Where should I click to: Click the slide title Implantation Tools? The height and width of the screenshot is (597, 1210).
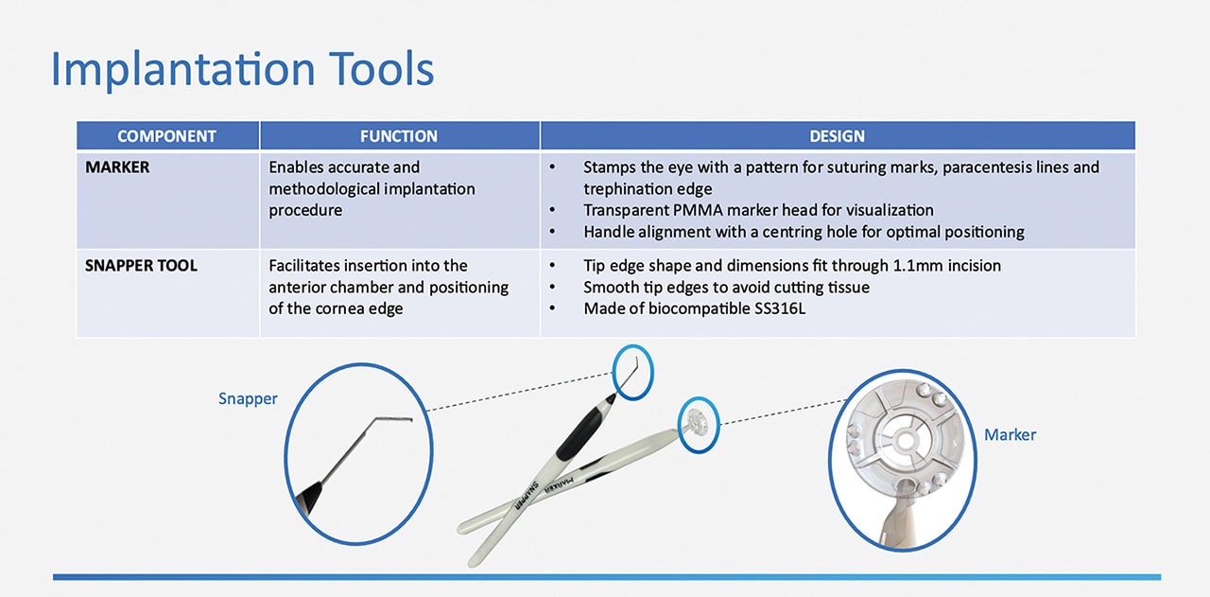click(x=242, y=70)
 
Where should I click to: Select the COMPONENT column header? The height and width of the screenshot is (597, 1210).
click(x=166, y=136)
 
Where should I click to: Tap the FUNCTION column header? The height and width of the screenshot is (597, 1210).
click(x=399, y=136)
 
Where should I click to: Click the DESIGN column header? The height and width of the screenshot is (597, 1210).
click(x=837, y=136)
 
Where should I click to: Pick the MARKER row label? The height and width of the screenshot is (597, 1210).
click(x=119, y=167)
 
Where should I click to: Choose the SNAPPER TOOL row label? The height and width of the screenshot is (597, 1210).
click(x=141, y=266)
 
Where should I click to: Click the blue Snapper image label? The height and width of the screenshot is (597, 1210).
click(x=248, y=398)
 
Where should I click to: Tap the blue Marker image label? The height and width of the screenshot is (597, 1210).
click(x=1010, y=435)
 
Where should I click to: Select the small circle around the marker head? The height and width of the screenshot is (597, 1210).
click(x=699, y=423)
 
